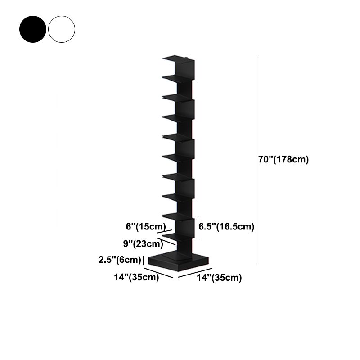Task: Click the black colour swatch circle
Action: coord(32,29)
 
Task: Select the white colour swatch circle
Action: coord(62,29)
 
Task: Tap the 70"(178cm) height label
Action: coord(283,160)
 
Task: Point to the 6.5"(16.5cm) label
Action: coord(227,227)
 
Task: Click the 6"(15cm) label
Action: coord(145,226)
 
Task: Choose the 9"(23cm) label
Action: coord(143,244)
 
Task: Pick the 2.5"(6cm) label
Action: coord(120,260)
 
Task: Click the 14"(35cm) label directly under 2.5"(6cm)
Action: coord(136,277)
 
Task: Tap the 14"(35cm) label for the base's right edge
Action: coord(219,278)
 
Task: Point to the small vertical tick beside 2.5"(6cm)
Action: coord(143,260)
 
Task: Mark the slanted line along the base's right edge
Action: coord(195,272)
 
